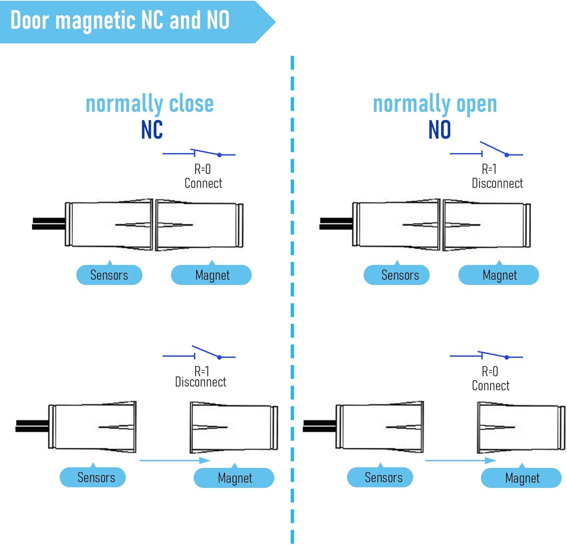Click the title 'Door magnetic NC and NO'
coord(120,20)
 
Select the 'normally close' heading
coord(150,104)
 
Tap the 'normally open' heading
coord(435,104)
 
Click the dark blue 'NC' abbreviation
coord(152,130)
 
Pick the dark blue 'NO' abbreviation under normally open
coord(439,130)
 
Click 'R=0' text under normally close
coord(203,169)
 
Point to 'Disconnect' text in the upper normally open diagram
coord(497,183)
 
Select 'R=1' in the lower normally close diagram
coord(202,371)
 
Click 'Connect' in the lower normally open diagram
coord(491,386)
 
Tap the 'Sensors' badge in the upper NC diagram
coord(109,275)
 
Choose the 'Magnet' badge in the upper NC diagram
coord(212,275)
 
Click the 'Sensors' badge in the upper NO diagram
coord(397,275)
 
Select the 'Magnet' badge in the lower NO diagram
coord(522,478)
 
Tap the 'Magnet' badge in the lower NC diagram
coord(234,478)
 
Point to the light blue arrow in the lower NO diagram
coord(460,460)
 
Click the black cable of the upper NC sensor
coord(48,224)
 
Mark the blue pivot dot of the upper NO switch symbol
coord(507,155)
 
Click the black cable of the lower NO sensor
coord(319,426)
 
